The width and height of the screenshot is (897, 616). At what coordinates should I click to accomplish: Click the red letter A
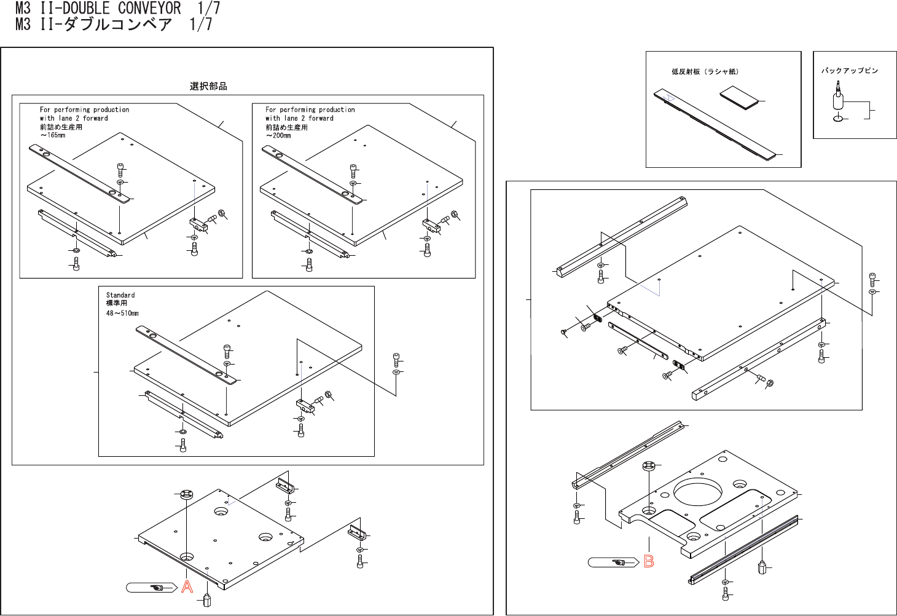[x=187, y=587]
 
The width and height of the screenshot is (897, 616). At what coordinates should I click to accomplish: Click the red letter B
[x=649, y=561]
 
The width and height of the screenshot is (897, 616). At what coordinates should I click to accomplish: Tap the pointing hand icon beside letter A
[x=157, y=588]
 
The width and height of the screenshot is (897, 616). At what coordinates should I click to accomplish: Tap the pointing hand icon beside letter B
[x=618, y=562]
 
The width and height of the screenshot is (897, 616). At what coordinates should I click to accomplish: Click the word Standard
[x=120, y=295]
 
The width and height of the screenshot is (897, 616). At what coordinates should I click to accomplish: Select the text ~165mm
[x=53, y=135]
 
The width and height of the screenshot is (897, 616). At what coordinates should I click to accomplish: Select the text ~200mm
[x=278, y=135]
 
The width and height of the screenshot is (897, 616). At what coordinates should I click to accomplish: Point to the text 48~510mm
[x=122, y=313]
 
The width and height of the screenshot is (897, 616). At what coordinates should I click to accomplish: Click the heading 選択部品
[x=208, y=87]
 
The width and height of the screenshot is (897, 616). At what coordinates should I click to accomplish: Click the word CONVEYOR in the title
[x=149, y=9]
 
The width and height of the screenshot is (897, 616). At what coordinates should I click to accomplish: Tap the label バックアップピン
[x=850, y=71]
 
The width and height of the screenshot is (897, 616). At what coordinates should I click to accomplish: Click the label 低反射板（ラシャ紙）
[x=705, y=72]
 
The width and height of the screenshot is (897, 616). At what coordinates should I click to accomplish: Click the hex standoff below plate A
[x=207, y=600]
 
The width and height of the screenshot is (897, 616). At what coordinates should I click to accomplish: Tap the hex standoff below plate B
[x=762, y=567]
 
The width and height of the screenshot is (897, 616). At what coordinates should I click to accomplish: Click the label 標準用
[x=117, y=303]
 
